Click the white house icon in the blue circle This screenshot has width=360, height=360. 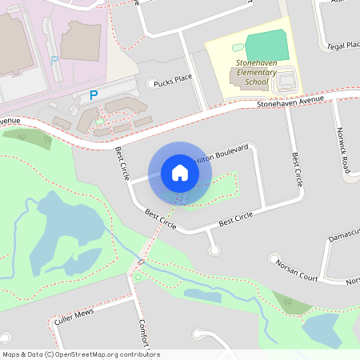[x=180, y=173]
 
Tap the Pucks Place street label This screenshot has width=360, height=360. [x=173, y=79]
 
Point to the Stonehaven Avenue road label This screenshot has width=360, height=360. [x=290, y=101]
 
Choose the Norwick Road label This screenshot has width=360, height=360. [x=343, y=150]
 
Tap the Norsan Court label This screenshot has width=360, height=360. [x=297, y=272]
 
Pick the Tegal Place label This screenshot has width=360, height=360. [x=344, y=46]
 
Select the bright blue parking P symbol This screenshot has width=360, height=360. [x=94, y=95]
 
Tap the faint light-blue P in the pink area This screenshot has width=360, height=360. [x=54, y=60]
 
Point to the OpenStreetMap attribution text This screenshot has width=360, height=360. [x=81, y=354]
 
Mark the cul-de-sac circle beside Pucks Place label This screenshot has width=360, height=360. [x=152, y=83]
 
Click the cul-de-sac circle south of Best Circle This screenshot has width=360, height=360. [x=214, y=251]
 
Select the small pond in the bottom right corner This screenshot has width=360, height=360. [x=322, y=329]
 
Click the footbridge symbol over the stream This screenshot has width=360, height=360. [x=142, y=261]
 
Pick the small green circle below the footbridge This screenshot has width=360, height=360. [x=138, y=277]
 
